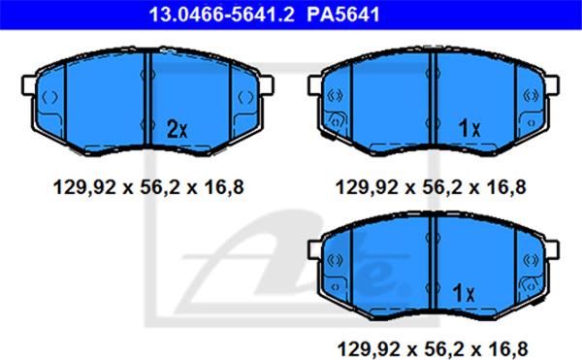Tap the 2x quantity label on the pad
(x=176, y=128)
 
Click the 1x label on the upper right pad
(x=469, y=127)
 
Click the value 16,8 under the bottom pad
(x=508, y=345)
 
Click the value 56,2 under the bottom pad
(x=445, y=345)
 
